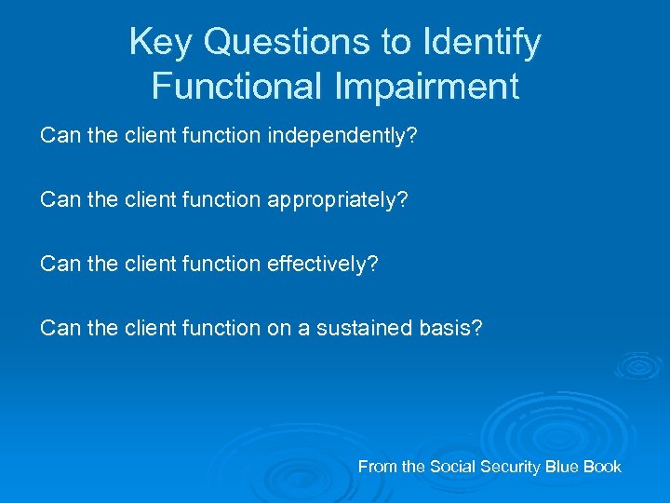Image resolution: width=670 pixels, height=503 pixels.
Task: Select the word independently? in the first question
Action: coord(342,137)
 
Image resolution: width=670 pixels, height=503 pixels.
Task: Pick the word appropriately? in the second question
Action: coord(338,200)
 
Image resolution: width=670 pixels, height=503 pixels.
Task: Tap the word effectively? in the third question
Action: coord(322,264)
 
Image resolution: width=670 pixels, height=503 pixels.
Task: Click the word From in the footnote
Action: coord(377,467)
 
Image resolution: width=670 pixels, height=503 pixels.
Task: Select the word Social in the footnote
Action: coord(450,467)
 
